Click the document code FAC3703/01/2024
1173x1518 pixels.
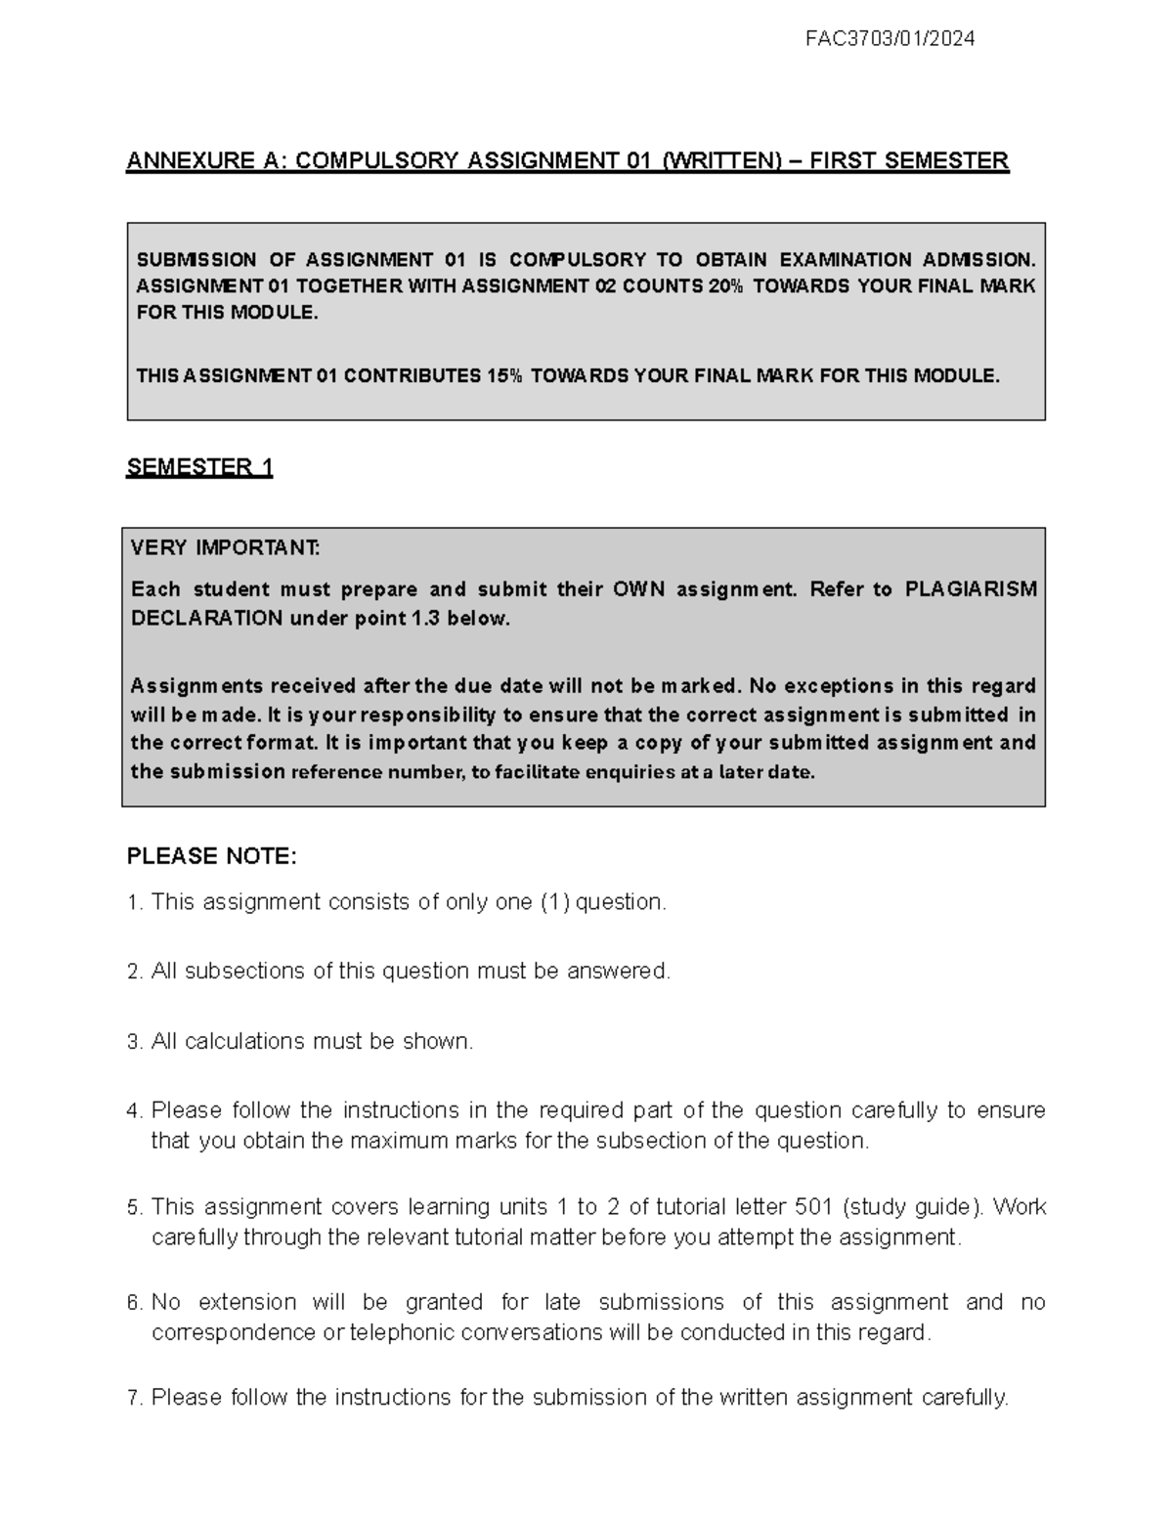point(890,39)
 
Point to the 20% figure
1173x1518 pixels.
point(723,286)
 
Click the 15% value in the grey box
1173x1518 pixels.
point(504,376)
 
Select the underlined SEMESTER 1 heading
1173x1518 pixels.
point(199,467)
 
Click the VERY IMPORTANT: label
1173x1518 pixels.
point(225,547)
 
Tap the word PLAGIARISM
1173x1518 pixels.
point(971,589)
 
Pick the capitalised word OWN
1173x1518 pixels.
point(639,589)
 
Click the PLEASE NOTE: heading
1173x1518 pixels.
point(211,856)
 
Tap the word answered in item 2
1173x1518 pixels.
point(619,972)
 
